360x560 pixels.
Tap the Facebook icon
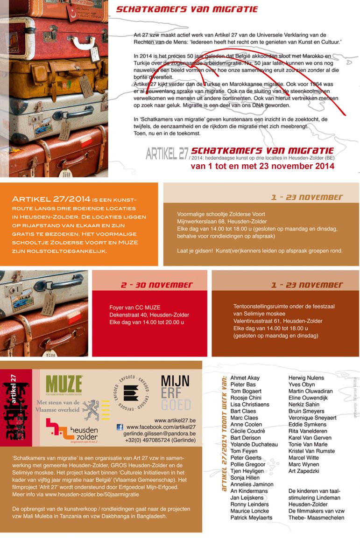coord(120,427)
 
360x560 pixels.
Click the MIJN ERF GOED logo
coord(175,392)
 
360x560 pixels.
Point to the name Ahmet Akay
coord(245,378)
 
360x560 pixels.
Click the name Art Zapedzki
coord(304,471)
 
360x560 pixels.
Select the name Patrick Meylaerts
coord(251,518)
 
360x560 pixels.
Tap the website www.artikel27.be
coord(175,420)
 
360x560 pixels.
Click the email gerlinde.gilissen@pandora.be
coord(160,434)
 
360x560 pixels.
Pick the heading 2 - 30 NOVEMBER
coord(150,285)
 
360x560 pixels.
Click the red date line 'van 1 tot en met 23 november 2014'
coord(262,166)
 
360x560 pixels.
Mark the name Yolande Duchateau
coord(254,445)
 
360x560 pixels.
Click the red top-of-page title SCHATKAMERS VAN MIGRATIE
coord(187,9)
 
